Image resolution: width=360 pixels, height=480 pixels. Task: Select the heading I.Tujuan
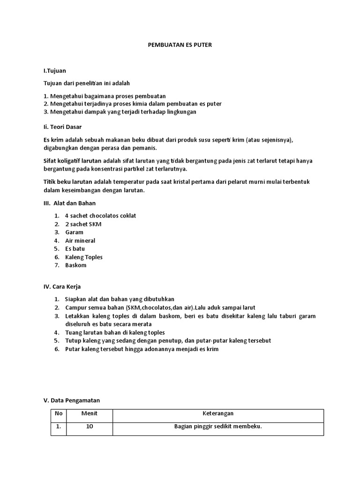coord(54,71)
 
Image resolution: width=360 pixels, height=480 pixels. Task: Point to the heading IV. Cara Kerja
coord(62,286)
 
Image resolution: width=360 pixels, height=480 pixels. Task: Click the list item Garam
coord(74,232)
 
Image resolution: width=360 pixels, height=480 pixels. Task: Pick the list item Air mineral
coord(80,240)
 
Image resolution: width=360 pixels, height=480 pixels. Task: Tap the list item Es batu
coord(75,248)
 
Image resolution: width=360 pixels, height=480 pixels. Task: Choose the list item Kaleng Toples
coord(83,257)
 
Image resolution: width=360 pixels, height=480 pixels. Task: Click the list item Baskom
coord(75,265)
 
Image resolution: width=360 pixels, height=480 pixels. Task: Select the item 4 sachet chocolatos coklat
coord(100,216)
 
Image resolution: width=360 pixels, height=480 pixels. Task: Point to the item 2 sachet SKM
coord(83,224)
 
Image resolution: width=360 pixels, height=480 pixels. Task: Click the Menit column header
coord(89,413)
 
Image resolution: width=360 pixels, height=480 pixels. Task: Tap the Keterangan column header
coord(217,413)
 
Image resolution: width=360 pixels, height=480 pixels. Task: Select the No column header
coord(58,413)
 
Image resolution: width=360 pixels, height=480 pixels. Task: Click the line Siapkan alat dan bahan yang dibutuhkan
coord(120,299)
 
